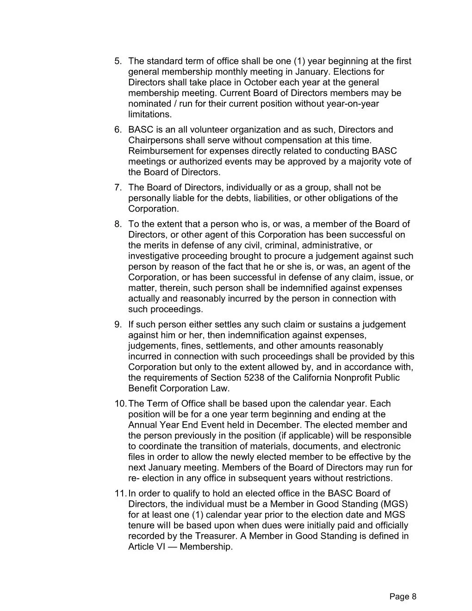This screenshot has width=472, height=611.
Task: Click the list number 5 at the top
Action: pos(118,61)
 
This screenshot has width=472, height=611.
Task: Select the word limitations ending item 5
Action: pos(149,114)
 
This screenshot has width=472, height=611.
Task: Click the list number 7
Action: pos(118,187)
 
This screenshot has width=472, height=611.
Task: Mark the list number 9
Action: pos(118,324)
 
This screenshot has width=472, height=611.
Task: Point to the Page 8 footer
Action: pos(403,597)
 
